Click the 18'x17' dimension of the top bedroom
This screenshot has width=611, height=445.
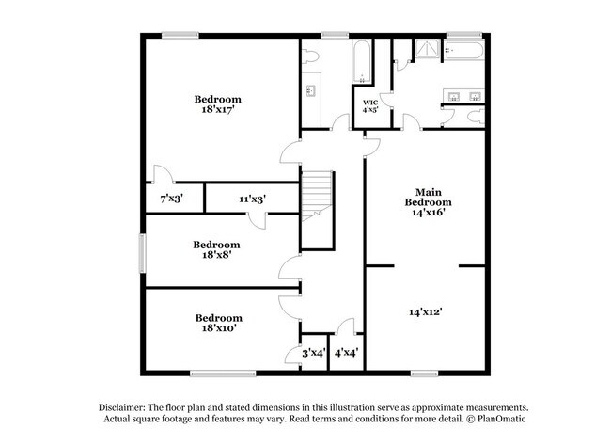[x=218, y=110]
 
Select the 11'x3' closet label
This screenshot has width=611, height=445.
[x=251, y=199]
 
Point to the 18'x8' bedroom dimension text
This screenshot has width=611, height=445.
[x=218, y=252]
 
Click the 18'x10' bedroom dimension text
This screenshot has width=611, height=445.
[x=218, y=328]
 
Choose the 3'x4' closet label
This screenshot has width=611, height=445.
[x=313, y=353]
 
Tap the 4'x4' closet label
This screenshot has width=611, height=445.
[x=346, y=353]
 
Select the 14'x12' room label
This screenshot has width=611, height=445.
[x=426, y=310]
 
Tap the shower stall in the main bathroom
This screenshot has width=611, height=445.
[x=428, y=51]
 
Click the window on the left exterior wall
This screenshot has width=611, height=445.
[x=143, y=251]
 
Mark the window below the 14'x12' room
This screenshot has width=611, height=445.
[x=425, y=373]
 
